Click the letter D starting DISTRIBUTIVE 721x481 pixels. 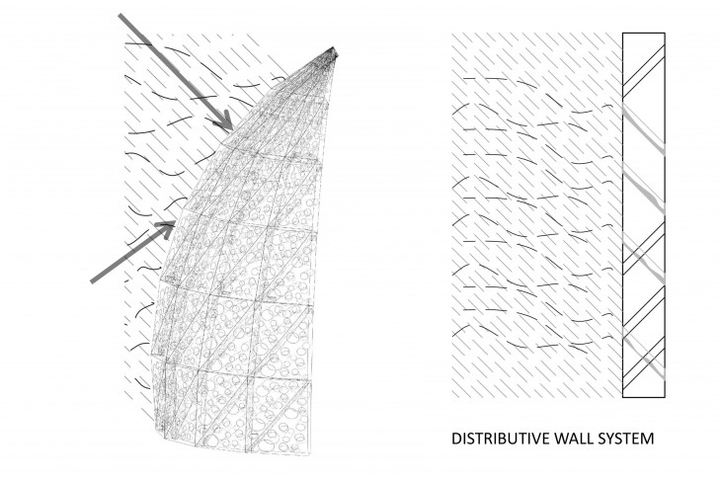click(455, 437)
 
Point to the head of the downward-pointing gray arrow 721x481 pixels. click(229, 129)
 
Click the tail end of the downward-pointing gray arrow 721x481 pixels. click(120, 17)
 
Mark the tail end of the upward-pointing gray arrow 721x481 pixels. click(93, 281)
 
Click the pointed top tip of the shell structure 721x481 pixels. click(334, 47)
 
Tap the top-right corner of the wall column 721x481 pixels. click(666, 34)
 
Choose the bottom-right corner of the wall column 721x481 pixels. click(666, 399)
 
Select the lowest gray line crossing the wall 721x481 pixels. click(644, 358)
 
